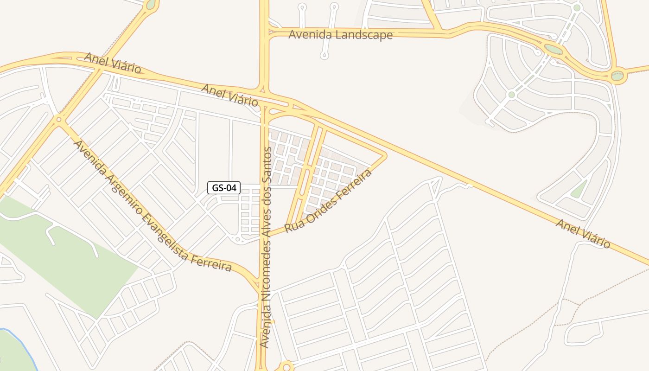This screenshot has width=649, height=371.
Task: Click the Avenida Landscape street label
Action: click(340, 35)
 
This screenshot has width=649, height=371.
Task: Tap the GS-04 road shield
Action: click(224, 188)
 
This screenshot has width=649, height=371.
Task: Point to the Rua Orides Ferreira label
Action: click(328, 201)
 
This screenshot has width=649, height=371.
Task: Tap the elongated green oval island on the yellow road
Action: click(553, 49)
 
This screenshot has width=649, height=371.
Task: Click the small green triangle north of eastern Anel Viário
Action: click(578, 190)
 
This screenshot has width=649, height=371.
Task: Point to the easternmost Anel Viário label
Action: click(583, 233)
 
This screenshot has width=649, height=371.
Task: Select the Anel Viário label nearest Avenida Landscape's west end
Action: click(229, 95)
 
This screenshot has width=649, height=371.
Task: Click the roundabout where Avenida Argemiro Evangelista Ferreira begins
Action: click(59, 120)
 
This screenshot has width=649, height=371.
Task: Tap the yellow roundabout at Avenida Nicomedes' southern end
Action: click(287, 367)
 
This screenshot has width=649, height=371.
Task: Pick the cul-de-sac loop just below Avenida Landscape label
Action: click(324, 56)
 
